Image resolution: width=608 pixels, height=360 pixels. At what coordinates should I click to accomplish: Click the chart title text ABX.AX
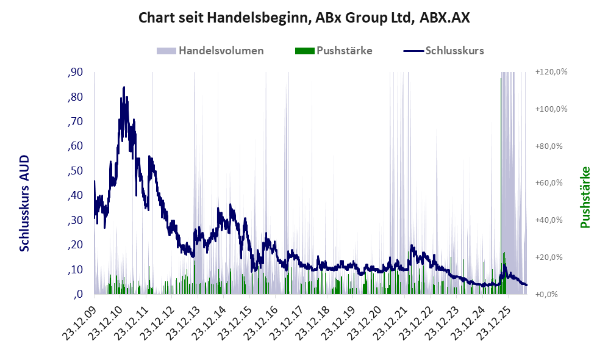[x=445, y=18]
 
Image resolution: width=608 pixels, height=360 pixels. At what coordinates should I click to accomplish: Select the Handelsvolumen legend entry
[x=210, y=51]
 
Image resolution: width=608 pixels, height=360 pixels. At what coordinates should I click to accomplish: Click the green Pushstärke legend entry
[x=334, y=51]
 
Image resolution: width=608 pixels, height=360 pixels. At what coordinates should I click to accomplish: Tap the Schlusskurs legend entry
[x=443, y=51]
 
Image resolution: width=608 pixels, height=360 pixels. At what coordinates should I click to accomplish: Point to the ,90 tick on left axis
[x=75, y=72]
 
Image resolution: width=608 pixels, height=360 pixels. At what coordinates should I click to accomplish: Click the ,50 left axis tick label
[x=75, y=171]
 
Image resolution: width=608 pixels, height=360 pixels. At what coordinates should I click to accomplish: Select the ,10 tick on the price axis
[x=75, y=270]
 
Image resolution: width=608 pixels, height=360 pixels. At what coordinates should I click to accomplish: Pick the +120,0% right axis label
[x=551, y=72]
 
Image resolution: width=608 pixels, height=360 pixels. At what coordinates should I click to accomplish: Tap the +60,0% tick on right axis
[x=549, y=182]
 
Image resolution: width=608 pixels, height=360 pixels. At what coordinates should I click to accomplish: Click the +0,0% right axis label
[x=546, y=295]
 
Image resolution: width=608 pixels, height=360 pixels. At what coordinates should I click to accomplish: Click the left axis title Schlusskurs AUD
[x=24, y=203]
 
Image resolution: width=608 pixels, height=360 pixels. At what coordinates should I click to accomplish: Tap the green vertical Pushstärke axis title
[x=585, y=198]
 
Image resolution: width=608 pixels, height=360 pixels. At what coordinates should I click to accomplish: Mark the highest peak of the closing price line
[x=124, y=87]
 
